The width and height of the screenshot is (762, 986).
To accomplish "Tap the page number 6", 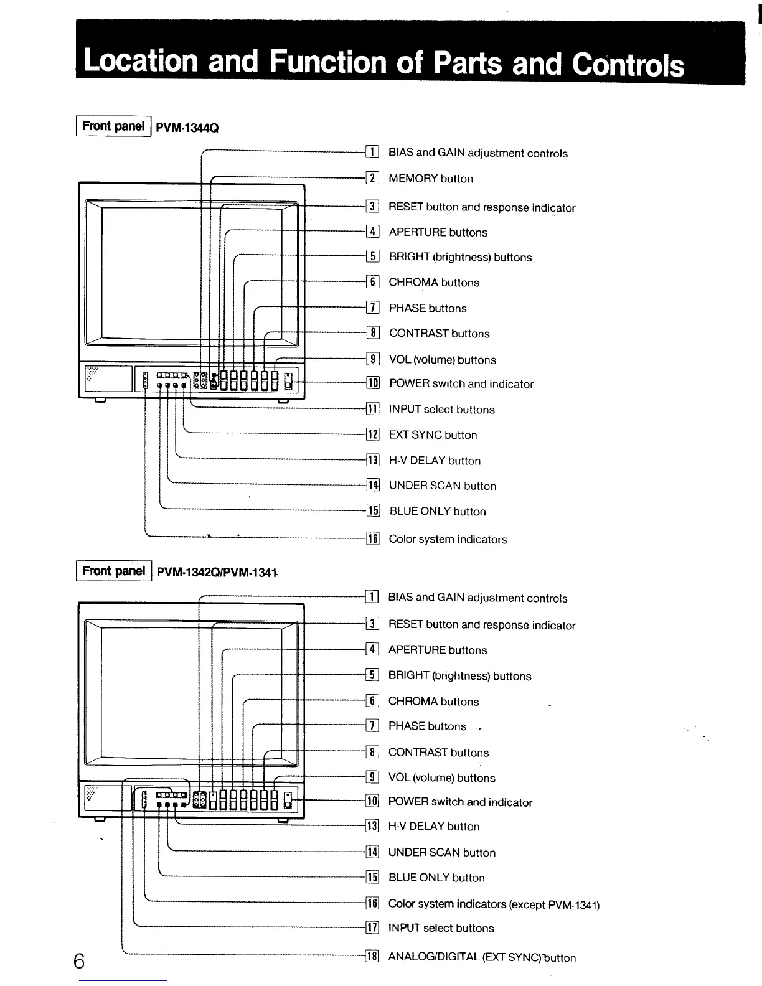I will tap(79, 961).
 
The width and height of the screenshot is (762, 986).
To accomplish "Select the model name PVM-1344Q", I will tap(187, 128).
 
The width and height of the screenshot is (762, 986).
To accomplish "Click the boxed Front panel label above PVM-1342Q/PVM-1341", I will tap(113, 571).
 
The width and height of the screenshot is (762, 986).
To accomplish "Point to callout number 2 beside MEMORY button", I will tap(372, 179).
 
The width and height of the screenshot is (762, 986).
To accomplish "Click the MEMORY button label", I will tap(431, 179).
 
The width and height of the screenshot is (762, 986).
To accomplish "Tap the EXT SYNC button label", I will tap(433, 435).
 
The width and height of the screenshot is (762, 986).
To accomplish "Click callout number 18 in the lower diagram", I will tap(372, 957).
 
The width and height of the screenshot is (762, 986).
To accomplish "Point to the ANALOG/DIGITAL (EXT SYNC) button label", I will tap(482, 957).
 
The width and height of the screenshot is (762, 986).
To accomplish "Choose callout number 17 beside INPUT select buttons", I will tap(372, 928).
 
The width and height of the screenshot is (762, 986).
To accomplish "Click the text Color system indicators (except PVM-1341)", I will tap(494, 904).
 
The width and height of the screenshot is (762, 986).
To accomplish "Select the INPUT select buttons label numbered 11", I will tap(441, 410).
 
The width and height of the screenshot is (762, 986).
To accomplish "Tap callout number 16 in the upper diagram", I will tap(372, 539).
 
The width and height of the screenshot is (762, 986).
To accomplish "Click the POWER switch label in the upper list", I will tap(461, 384).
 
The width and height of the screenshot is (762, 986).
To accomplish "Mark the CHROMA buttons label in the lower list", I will tap(433, 702).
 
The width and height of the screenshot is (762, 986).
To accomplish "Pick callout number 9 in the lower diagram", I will tap(372, 777).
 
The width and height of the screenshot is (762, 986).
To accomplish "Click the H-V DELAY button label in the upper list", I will tap(435, 461).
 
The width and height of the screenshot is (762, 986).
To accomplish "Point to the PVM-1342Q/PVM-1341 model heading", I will tap(216, 572).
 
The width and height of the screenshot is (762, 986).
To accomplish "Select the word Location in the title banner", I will tap(141, 61).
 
